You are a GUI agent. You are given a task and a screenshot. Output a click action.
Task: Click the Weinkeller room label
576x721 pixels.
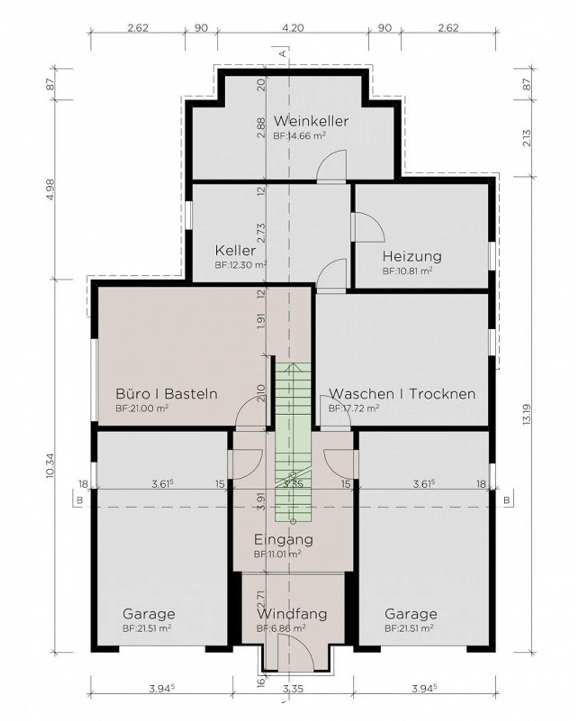click(311, 121)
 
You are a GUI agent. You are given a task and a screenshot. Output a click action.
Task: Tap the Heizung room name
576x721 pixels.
click(412, 256)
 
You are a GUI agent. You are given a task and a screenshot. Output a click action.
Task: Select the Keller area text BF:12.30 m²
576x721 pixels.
click(241, 265)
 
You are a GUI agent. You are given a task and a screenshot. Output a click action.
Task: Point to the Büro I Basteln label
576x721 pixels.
click(166, 393)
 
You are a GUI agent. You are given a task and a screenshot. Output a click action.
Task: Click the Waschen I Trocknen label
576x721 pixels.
click(402, 393)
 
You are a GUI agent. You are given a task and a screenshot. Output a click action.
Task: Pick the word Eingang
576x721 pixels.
click(284, 540)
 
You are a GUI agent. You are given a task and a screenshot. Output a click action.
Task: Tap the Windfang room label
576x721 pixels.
click(292, 614)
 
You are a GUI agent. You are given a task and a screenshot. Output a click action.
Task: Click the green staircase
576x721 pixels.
click(293, 441)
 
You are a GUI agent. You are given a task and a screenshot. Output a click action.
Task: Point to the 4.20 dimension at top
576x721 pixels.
click(293, 28)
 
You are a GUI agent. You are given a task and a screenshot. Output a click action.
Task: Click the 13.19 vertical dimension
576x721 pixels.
click(527, 415)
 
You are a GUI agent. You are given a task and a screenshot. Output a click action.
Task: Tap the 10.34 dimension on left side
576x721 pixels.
click(50, 465)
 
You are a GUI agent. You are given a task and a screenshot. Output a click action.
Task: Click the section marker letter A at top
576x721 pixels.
click(282, 53)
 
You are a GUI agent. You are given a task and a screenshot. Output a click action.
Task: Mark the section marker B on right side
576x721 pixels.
click(507, 500)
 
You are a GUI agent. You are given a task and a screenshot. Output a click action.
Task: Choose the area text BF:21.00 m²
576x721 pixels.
click(142, 408)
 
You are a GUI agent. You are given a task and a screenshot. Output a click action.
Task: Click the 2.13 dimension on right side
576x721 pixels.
click(527, 137)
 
